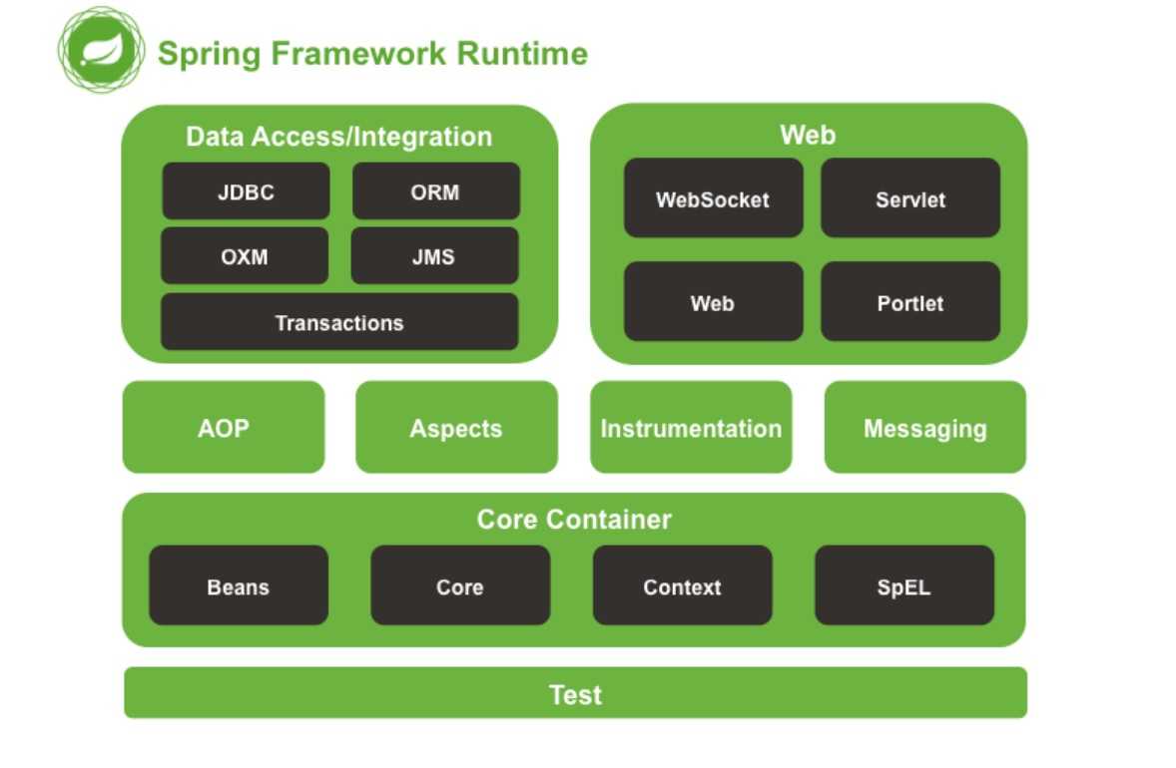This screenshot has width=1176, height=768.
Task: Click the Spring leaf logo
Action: tap(101, 50)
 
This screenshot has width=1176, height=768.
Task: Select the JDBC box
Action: tap(246, 192)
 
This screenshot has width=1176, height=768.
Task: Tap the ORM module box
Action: tap(435, 192)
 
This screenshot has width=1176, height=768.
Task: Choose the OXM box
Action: tap(245, 256)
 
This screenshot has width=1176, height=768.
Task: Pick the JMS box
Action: tap(434, 256)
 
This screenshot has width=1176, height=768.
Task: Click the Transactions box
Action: tap(339, 322)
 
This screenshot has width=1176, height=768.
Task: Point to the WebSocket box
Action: tap(713, 197)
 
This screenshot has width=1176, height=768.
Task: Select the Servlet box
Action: tap(910, 197)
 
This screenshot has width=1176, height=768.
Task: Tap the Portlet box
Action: tap(910, 301)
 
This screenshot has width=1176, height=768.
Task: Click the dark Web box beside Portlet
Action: tap(713, 301)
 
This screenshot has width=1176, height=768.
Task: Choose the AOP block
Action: tap(224, 427)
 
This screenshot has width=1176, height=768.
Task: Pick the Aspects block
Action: tap(457, 427)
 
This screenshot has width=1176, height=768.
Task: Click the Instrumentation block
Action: tap(691, 427)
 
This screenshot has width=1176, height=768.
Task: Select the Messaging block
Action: tap(924, 427)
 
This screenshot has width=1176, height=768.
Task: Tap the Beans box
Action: tap(239, 585)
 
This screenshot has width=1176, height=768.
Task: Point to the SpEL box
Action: tap(904, 585)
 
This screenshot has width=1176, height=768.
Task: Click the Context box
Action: tap(683, 585)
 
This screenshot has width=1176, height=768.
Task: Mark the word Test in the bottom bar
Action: tap(575, 694)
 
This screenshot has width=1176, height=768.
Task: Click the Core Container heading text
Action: tap(574, 520)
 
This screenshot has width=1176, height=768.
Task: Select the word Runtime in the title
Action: tap(523, 53)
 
